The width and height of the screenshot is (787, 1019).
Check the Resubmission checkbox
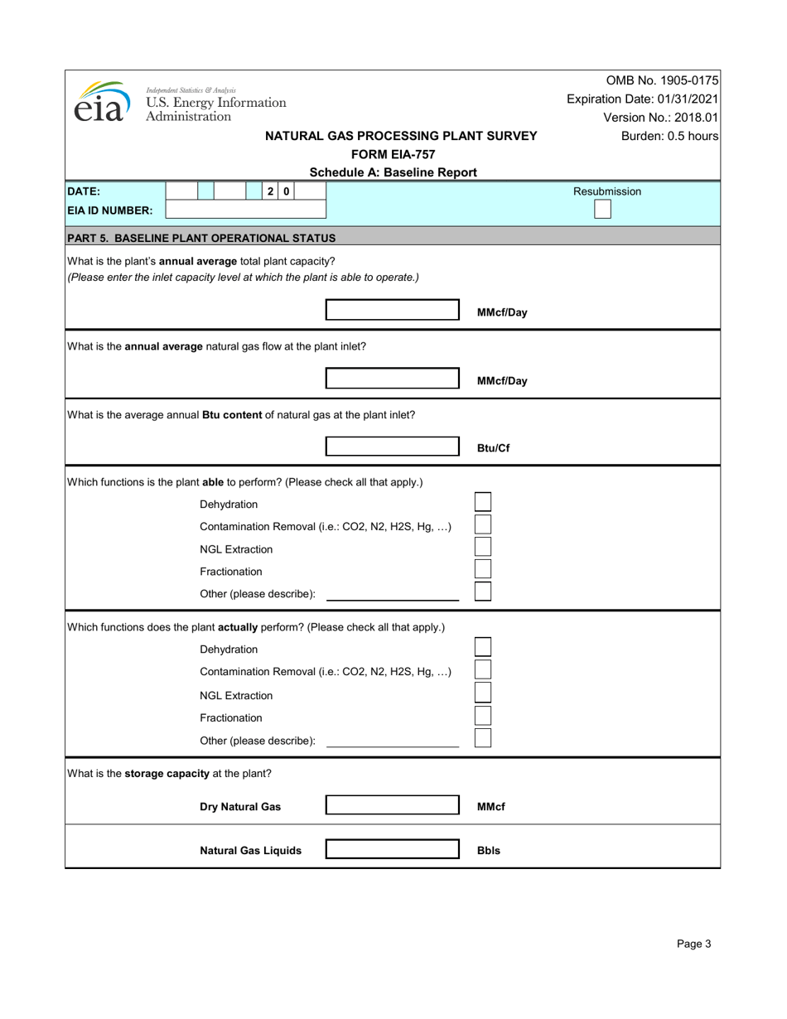[x=602, y=210]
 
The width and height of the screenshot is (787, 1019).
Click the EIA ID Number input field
[x=246, y=210]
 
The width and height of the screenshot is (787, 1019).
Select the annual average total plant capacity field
[x=392, y=311]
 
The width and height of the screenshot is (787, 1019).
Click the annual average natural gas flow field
[x=392, y=379]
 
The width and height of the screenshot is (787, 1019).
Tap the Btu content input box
[x=392, y=447]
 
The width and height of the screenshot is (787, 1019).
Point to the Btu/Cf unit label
[x=493, y=448]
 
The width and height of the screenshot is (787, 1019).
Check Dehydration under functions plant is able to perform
[x=482, y=502]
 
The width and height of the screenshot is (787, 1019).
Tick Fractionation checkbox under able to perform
[x=482, y=569]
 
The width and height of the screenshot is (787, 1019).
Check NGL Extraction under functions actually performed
[x=482, y=693]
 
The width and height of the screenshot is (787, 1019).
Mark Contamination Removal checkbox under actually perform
[x=482, y=670]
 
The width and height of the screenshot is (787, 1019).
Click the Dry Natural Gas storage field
[x=392, y=805]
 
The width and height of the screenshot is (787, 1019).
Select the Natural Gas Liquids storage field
[x=392, y=849]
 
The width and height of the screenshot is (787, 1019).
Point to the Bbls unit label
[x=489, y=850]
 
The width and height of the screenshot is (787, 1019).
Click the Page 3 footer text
[x=693, y=943]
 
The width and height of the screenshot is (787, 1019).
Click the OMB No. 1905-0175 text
[x=662, y=80]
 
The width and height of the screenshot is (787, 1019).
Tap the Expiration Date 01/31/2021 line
[x=642, y=99]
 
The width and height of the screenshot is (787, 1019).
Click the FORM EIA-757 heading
[x=393, y=154]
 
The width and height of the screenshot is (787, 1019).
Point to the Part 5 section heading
[x=201, y=238]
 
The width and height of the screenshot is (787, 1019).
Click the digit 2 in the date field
[x=271, y=191]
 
